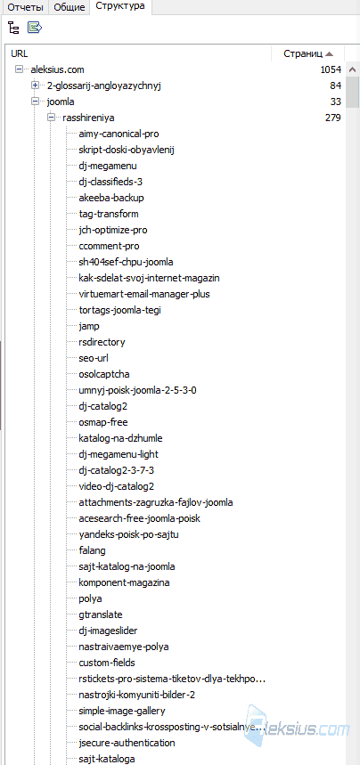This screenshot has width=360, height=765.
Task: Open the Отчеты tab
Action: pos(24,7)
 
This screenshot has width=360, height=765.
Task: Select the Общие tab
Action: pos(70,7)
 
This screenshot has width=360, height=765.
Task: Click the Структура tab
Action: pos(120,6)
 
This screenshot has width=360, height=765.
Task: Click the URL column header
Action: pos(20,53)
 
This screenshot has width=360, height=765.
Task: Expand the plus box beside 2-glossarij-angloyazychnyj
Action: pos(35,85)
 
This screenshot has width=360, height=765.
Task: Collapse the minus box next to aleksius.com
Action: pos(19,69)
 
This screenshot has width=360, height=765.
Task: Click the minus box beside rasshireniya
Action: pos(51,118)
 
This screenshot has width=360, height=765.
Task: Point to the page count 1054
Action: pos(331,69)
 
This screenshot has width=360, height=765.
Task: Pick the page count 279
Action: pos(333,118)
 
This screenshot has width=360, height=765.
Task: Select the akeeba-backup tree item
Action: pos(111,198)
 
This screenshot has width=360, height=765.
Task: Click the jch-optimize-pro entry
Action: pos(113,230)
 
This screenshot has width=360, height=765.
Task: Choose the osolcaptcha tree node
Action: pos(104,374)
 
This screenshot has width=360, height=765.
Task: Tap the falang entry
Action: pos(93,550)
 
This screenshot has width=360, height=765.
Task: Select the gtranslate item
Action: pos(101,614)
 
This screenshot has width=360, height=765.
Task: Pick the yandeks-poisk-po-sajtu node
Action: pos(129,534)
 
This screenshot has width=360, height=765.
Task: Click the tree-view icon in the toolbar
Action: pos(13,28)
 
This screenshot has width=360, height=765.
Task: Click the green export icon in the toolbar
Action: pos(35,28)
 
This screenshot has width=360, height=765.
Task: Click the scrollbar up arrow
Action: pos(351,69)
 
